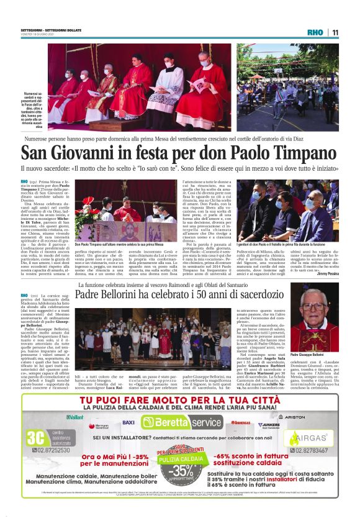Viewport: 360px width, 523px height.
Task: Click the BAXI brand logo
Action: coord(128,422)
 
